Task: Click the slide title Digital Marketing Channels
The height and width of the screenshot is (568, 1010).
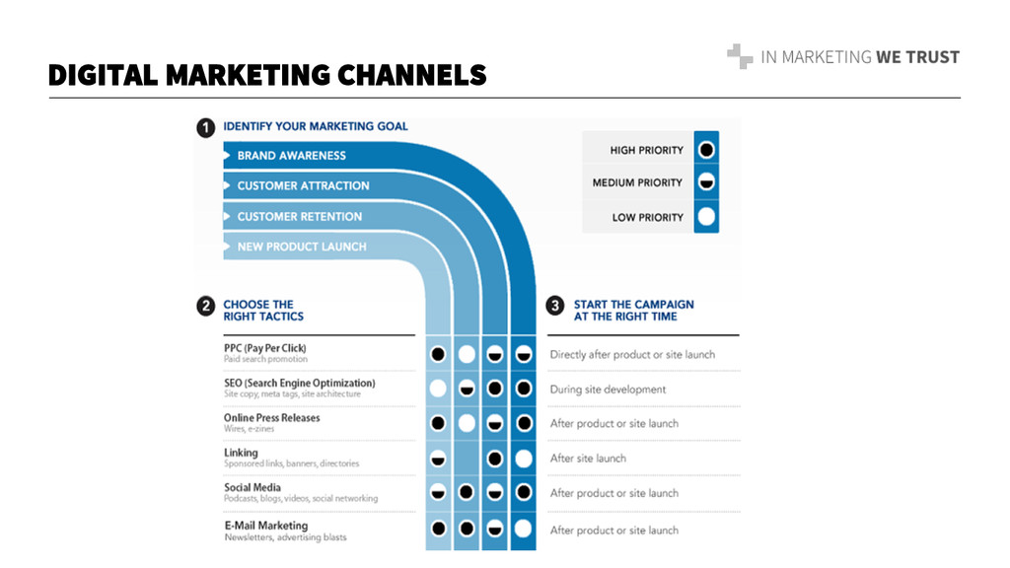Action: coord(267,74)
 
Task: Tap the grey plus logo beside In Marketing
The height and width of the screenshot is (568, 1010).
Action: coord(739,57)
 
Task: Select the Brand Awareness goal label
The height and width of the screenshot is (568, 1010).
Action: coord(291,156)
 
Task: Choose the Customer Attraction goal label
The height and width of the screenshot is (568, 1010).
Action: coord(303,185)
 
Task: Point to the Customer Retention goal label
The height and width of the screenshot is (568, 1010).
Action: coord(299,216)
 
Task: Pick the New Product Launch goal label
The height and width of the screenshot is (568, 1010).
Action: coord(301,247)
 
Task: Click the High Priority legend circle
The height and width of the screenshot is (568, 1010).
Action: coord(705,150)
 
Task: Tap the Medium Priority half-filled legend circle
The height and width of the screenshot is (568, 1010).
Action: coord(705,182)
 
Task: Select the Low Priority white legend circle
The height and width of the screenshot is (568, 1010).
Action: coord(705,217)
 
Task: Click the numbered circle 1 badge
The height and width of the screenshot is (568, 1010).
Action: coord(205,128)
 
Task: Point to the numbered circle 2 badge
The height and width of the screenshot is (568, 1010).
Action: coord(205,308)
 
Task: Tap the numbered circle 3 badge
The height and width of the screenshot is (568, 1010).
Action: coord(555,308)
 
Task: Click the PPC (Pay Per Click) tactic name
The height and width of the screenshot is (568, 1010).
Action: coord(264,348)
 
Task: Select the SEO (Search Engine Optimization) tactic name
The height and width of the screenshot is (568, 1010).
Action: coord(299,383)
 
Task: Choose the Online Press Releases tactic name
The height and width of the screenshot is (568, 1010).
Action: coord(271,417)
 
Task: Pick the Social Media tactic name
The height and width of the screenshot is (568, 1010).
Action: coord(252,487)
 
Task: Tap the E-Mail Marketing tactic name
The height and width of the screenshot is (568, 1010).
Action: coord(265,526)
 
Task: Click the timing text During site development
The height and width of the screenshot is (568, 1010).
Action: coord(608,390)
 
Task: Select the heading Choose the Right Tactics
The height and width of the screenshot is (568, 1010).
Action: coord(263,311)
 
